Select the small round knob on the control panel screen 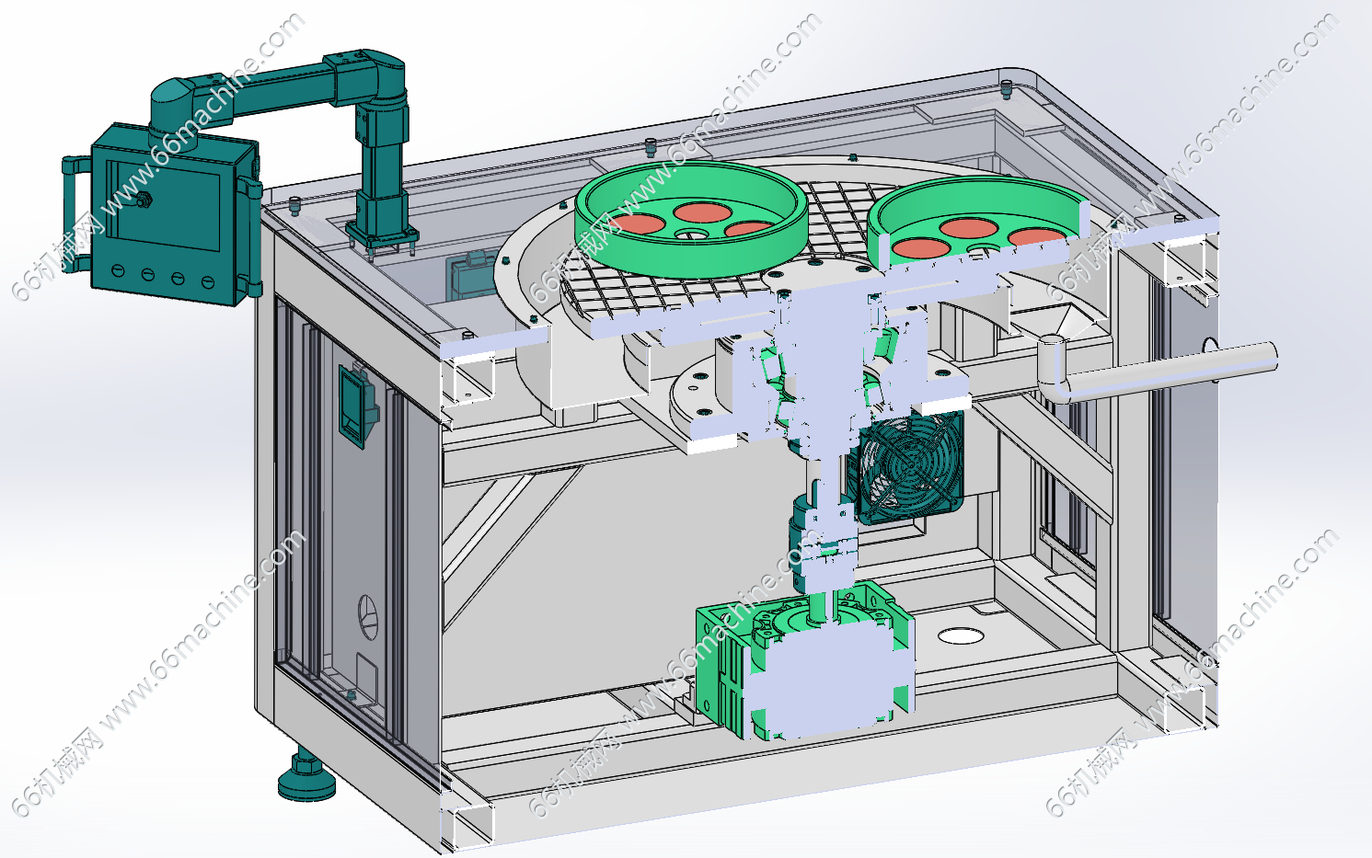point(144,200)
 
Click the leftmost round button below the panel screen point(118,269)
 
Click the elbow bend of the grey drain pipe point(1055,366)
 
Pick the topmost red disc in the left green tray point(702,212)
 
